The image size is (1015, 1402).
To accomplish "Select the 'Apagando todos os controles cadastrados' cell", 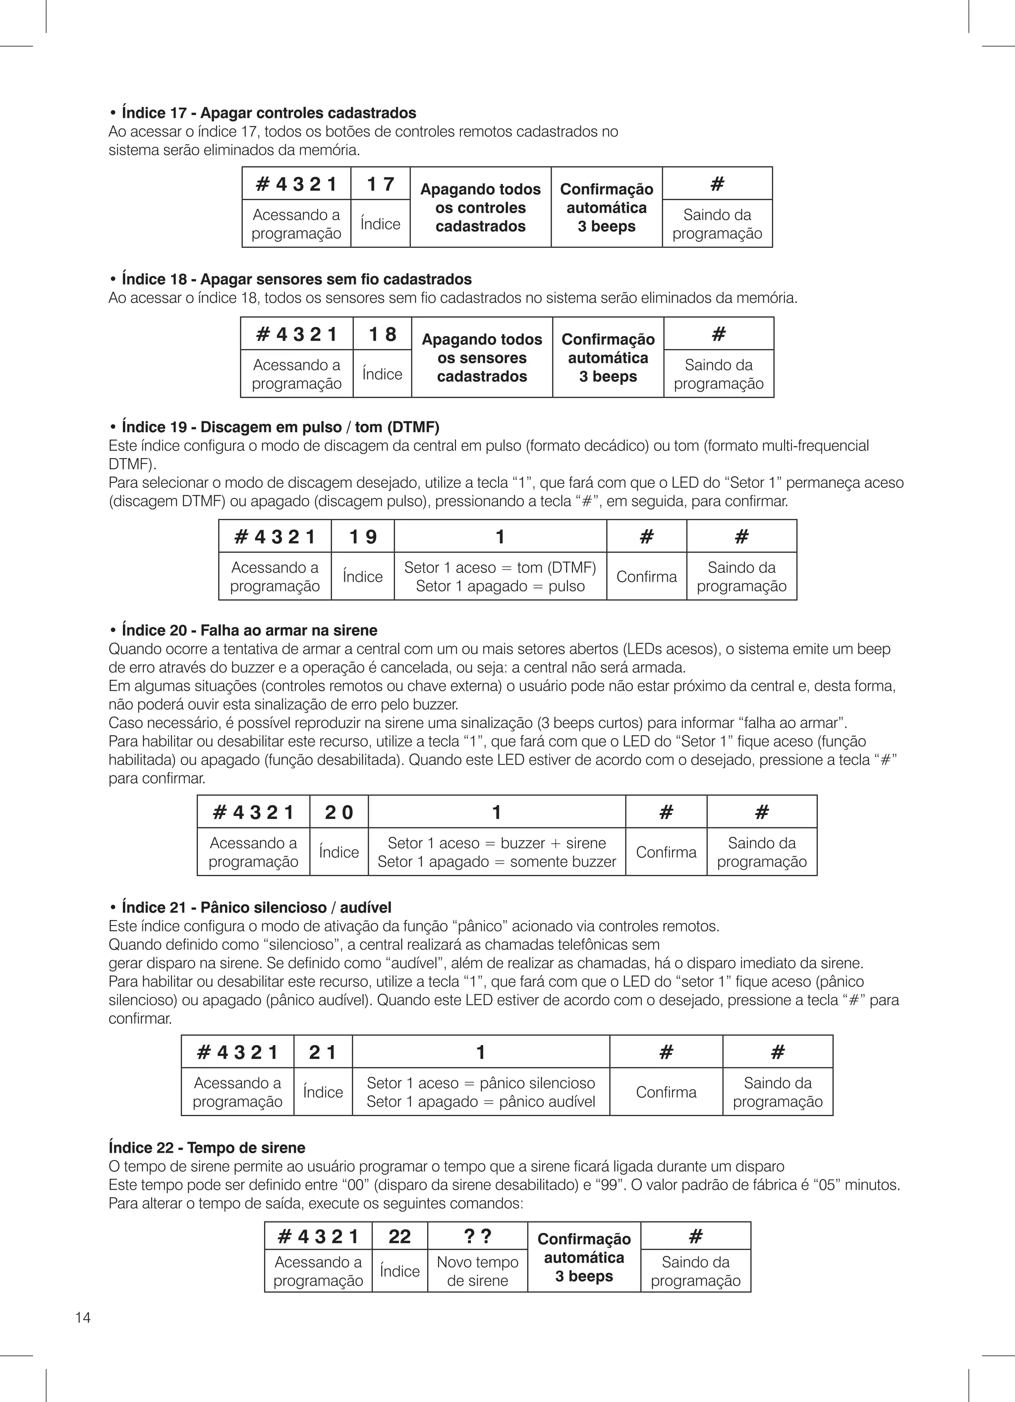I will click(480, 208).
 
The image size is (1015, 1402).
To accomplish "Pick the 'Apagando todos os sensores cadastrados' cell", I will click(482, 358).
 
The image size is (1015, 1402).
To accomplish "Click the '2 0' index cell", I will click(338, 812).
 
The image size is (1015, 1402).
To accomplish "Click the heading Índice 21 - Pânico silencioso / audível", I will click(257, 907).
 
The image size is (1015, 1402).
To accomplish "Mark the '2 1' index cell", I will click(323, 1052).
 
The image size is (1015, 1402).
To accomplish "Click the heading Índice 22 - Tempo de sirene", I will click(207, 1148).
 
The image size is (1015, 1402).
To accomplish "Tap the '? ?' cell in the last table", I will click(477, 1236).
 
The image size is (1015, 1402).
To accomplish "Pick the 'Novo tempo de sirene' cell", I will click(477, 1271).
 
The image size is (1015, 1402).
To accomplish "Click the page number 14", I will click(83, 1317).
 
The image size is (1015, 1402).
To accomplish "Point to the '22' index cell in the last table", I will click(399, 1236).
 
